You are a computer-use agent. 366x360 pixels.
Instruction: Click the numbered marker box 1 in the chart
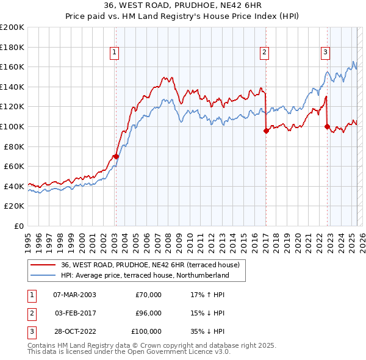tap(115, 53)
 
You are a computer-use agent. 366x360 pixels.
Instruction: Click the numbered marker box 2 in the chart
tap(265, 53)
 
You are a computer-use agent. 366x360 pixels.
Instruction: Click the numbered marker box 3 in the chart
tap(326, 53)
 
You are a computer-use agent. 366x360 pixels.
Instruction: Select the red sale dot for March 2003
tap(116, 156)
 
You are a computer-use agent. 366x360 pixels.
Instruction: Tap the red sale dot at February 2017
tap(266, 130)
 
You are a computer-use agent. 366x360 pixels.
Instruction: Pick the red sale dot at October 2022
tap(328, 126)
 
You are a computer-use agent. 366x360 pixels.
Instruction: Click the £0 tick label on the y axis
tap(18, 226)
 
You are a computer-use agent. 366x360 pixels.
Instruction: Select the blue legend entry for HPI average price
tap(145, 275)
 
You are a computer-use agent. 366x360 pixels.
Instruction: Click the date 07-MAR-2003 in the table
tap(74, 295)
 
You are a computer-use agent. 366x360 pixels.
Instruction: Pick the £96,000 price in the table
tap(148, 313)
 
